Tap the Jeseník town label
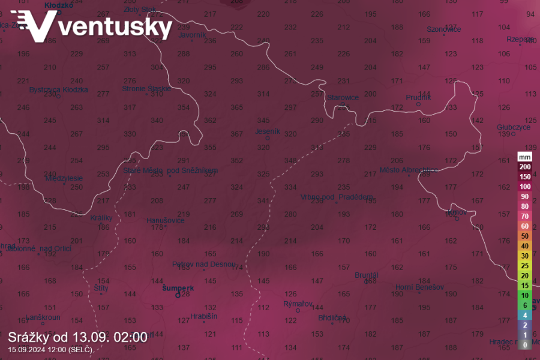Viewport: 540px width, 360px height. pos(268,131)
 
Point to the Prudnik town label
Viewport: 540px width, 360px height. pos(419,97)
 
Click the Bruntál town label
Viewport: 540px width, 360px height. pos(367,275)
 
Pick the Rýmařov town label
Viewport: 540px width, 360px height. pos(298,304)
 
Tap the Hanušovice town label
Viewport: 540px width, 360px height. pos(166,220)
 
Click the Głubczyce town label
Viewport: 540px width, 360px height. pos(514,127)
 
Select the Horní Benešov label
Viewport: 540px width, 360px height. pos(419,287)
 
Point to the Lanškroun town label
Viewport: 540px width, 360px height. pos(43,317)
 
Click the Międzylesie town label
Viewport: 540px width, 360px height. pos(64,178)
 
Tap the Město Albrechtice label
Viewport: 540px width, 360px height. pos(406,170)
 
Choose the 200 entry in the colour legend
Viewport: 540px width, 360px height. pos(525,167)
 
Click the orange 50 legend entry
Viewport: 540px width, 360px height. pos(525,236)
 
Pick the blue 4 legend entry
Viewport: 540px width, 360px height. pos(525,315)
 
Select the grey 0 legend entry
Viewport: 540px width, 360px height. pos(525,344)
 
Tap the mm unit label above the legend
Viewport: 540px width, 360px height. pos(525,157)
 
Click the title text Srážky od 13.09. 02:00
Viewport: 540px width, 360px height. pos(77,337)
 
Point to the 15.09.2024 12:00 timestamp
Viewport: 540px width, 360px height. pos(50,349)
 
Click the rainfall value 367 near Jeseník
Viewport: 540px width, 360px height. pos(236,134)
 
